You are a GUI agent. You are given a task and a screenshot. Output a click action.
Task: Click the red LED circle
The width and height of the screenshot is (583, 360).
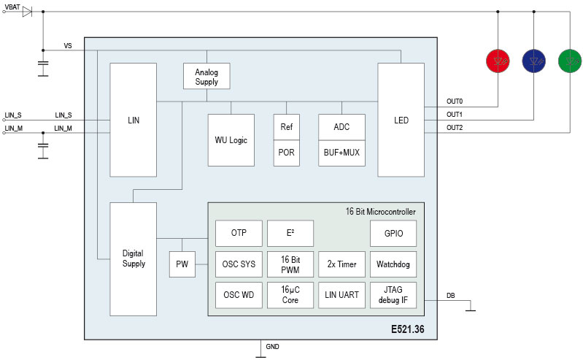point(498,60)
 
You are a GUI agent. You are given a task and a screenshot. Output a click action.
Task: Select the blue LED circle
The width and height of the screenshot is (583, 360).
point(534,60)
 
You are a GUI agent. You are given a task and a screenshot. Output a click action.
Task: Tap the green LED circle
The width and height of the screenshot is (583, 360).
point(569,60)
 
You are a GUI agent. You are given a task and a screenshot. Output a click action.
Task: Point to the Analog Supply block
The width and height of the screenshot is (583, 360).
point(206,77)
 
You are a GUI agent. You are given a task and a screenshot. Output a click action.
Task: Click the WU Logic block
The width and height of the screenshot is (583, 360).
point(231,139)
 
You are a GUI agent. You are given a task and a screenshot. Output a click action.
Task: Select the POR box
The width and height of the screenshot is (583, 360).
point(286,153)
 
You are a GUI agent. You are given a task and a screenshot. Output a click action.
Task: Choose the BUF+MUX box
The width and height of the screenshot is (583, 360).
point(341,153)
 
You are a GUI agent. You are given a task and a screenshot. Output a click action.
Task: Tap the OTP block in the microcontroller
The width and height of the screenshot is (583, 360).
point(239,234)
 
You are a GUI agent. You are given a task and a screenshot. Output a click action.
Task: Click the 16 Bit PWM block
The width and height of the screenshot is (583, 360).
point(290,264)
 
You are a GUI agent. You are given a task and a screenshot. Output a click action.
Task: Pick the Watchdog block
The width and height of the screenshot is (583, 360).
point(394,264)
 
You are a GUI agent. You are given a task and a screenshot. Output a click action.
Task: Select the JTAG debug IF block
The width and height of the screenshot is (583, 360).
point(394,294)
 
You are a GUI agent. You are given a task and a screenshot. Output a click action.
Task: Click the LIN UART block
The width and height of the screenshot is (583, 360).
point(341,294)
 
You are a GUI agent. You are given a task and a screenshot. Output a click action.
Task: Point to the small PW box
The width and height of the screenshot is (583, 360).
point(182,264)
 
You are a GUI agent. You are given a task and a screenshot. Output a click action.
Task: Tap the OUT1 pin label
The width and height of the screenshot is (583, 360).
point(455,115)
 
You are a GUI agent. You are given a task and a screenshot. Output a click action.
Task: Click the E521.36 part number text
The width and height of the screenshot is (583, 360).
point(407,330)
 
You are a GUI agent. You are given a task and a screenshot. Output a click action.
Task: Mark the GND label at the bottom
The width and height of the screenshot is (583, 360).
point(272,346)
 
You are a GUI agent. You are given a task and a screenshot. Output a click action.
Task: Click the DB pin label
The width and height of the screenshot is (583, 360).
point(450,296)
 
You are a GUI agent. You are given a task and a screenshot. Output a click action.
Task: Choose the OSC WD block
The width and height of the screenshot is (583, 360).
point(239,294)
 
